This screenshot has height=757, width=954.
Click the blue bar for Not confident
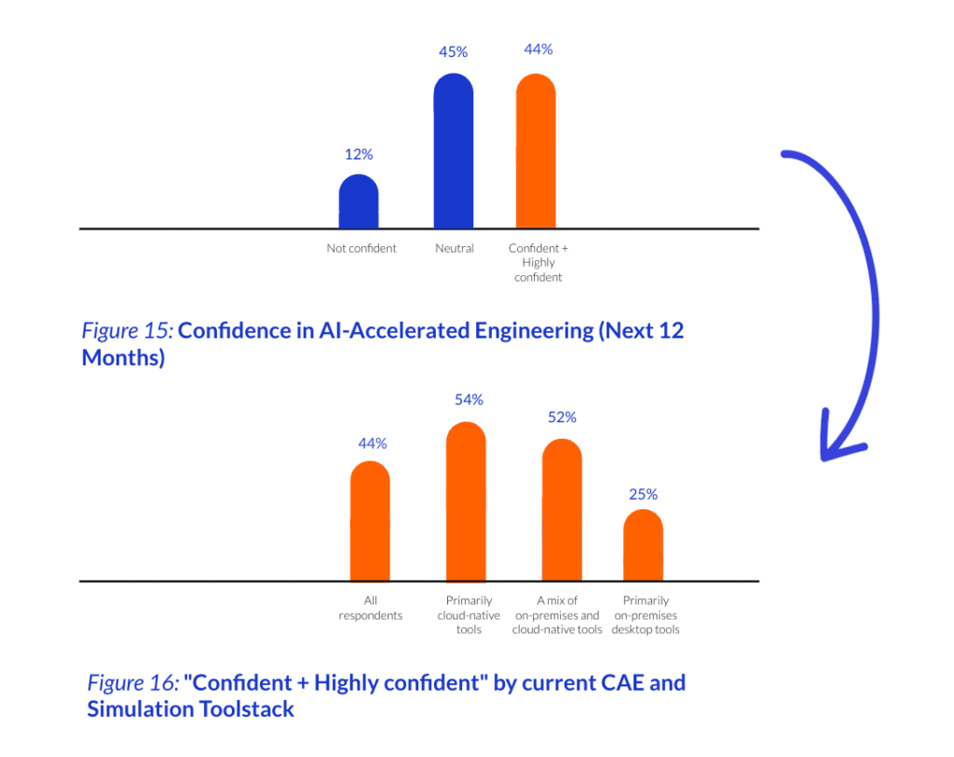(x=359, y=202)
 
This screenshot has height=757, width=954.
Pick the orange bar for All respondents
(x=370, y=521)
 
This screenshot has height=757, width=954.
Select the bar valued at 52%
(x=562, y=510)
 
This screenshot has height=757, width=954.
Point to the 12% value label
(x=359, y=155)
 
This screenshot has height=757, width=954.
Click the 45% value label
(x=454, y=52)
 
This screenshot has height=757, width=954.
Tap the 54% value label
(x=469, y=400)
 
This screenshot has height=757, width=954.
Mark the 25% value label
(x=643, y=494)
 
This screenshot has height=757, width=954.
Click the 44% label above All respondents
(x=372, y=444)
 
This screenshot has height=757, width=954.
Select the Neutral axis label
(x=455, y=249)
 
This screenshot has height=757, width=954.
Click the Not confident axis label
(x=361, y=249)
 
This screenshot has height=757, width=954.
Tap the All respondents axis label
(x=370, y=608)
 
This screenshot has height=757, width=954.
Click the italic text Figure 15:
(x=128, y=330)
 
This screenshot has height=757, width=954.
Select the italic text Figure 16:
(x=133, y=682)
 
